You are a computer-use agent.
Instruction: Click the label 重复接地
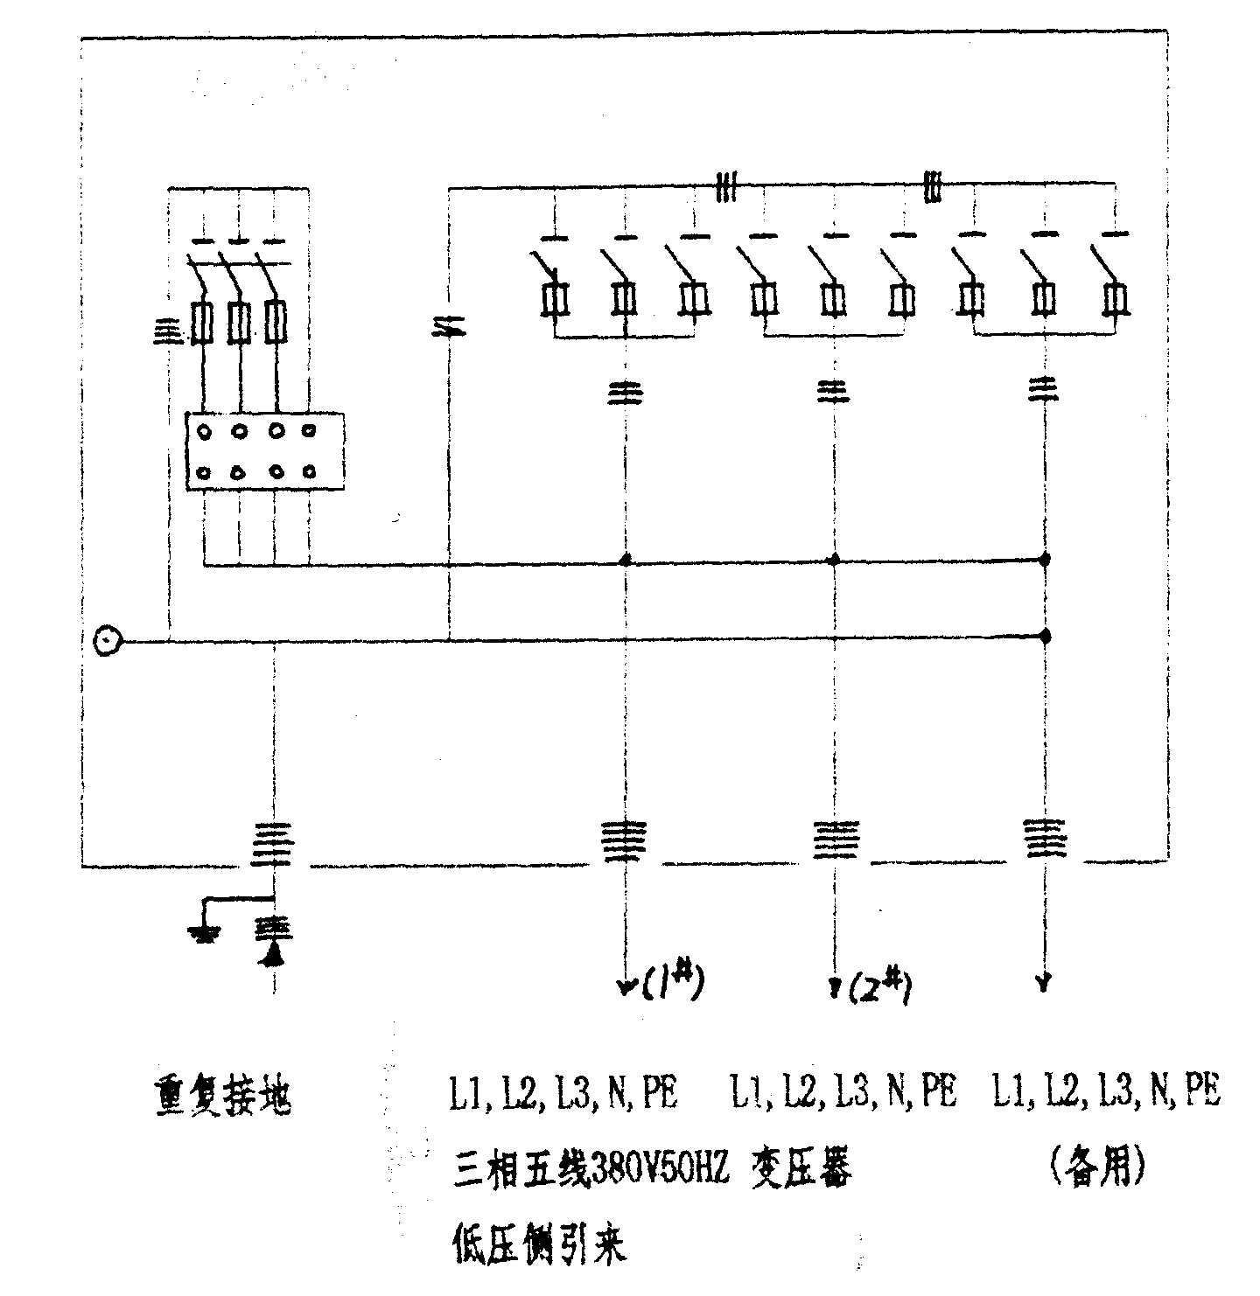click(x=221, y=1095)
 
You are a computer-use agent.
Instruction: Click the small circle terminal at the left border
click(x=107, y=641)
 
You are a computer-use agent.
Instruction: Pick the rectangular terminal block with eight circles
click(x=264, y=451)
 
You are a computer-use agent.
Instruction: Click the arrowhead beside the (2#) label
click(x=834, y=986)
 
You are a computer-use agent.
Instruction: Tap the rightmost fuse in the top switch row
click(x=1113, y=299)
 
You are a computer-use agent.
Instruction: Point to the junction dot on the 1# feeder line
click(x=625, y=559)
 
